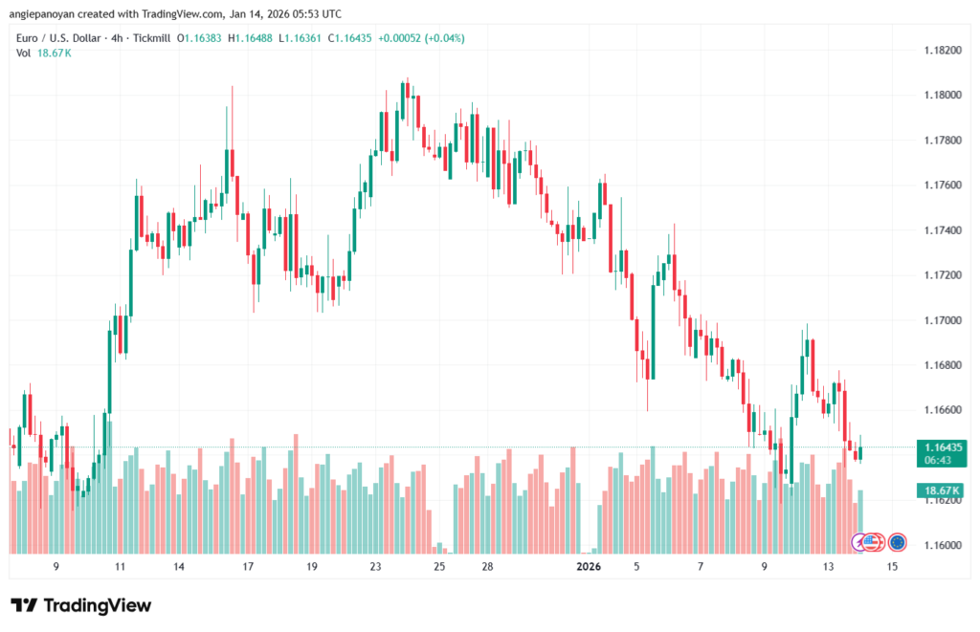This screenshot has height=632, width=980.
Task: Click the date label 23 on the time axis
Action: point(376,567)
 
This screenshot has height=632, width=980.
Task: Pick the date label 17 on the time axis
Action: point(248,567)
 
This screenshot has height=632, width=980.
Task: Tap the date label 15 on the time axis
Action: point(892,567)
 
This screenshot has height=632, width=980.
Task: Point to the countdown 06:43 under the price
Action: point(938,459)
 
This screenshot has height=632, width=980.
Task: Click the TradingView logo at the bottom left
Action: point(80,605)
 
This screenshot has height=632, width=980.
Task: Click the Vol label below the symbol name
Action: point(24,53)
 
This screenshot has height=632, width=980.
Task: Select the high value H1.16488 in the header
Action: point(255,36)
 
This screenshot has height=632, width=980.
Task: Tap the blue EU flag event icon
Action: point(898,542)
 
